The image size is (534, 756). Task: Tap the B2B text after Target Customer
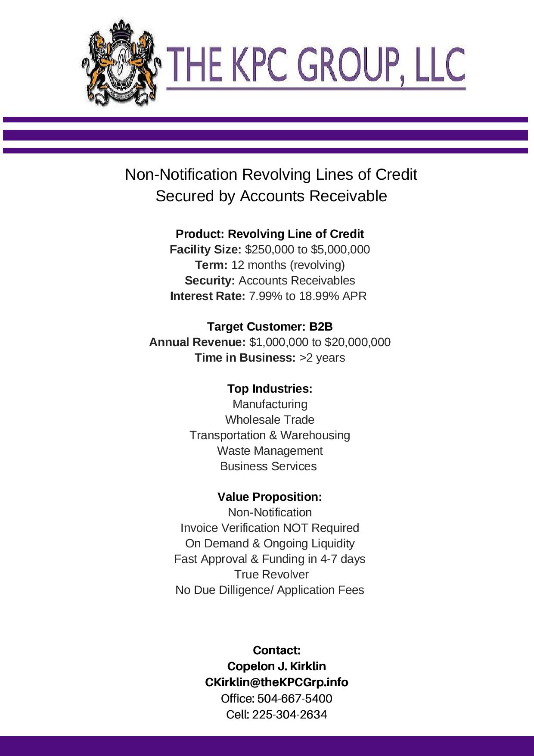(x=321, y=327)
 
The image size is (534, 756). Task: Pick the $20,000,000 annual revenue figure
(x=357, y=342)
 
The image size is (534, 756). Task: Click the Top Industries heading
(x=270, y=389)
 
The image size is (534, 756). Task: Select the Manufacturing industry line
(x=270, y=404)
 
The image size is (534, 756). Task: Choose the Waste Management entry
(x=270, y=451)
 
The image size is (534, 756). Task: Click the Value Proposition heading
(x=270, y=497)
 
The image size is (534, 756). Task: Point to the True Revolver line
(x=271, y=575)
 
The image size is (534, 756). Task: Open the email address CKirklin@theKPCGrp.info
(x=276, y=682)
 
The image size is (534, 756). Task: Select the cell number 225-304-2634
(x=289, y=715)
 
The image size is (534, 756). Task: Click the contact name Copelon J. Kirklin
(x=276, y=666)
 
